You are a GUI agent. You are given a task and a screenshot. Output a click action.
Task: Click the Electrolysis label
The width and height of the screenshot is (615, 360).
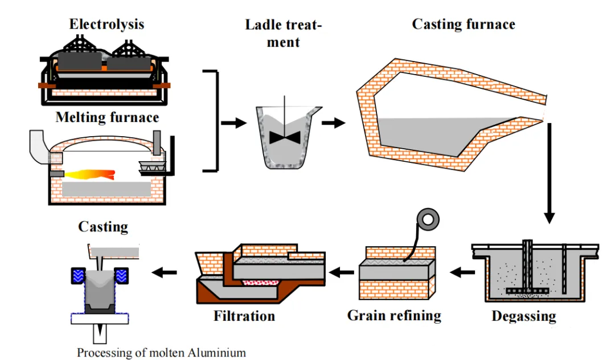click(106, 24)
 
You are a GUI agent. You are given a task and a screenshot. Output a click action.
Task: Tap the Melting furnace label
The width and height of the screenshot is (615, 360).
click(107, 117)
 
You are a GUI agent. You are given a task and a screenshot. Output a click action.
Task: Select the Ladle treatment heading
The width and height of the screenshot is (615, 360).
click(284, 33)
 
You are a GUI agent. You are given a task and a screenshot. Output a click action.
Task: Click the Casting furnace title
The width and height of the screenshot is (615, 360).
click(464, 24)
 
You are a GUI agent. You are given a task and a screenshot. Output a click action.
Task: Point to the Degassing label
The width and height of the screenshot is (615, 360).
click(524, 316)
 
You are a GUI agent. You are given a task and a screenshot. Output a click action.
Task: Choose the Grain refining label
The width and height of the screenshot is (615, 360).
click(394, 315)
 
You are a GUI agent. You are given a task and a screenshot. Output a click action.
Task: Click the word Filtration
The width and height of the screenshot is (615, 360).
click(244, 316)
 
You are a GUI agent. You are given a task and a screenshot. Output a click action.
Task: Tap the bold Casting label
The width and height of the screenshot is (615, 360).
click(103, 227)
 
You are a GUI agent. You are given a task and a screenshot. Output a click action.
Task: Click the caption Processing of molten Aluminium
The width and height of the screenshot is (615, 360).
click(162, 353)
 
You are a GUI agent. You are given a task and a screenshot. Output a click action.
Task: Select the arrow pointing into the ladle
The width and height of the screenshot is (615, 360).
click(231, 122)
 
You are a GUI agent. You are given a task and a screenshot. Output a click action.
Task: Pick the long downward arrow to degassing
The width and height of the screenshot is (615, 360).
click(549, 171)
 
